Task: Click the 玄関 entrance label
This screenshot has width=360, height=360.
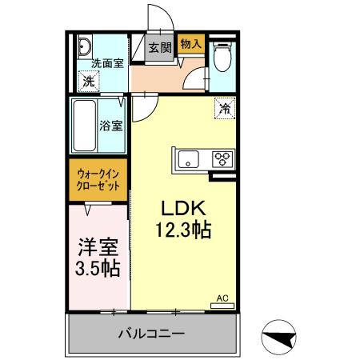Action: (x=160, y=48)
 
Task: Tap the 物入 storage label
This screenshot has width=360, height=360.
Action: (x=190, y=43)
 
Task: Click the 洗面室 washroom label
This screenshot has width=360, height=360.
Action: (x=106, y=63)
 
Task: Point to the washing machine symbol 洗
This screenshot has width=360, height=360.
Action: (x=90, y=80)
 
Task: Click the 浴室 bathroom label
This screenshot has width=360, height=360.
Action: (x=110, y=125)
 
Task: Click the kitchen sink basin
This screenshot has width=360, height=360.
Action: (x=189, y=158)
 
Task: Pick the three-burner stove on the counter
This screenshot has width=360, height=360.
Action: (x=222, y=158)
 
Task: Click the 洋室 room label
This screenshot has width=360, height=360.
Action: (x=98, y=246)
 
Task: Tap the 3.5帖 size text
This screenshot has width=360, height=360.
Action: (x=98, y=268)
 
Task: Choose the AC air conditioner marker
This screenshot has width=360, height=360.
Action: (x=222, y=299)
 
